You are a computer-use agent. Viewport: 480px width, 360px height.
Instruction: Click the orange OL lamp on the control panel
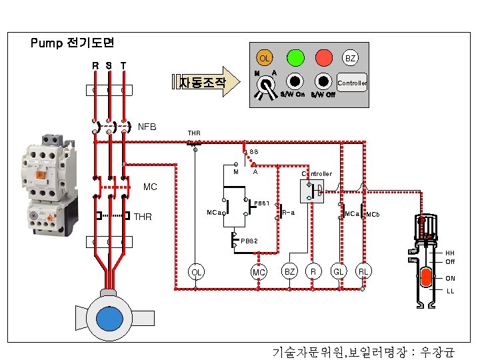point(265,59)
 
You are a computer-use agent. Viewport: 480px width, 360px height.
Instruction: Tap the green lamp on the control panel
point(295,57)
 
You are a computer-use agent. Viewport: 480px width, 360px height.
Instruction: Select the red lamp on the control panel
point(324,57)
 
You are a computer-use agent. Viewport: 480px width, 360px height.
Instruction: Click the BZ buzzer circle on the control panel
point(350,59)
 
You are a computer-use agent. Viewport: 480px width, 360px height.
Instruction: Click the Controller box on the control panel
point(352,83)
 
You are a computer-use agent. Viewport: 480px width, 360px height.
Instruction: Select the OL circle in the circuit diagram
point(195,272)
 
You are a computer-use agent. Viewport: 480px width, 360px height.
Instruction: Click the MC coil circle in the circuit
point(259,272)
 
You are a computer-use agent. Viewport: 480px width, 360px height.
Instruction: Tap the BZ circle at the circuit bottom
point(290,272)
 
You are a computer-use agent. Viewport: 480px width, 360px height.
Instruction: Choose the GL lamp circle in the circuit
point(339,272)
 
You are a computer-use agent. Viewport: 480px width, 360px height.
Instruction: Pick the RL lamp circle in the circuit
point(363,272)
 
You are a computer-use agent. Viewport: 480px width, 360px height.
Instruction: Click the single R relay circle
point(313,272)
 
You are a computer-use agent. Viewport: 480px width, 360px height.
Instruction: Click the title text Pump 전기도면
point(73,43)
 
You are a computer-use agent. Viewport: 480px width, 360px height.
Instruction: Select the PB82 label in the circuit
point(249,240)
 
